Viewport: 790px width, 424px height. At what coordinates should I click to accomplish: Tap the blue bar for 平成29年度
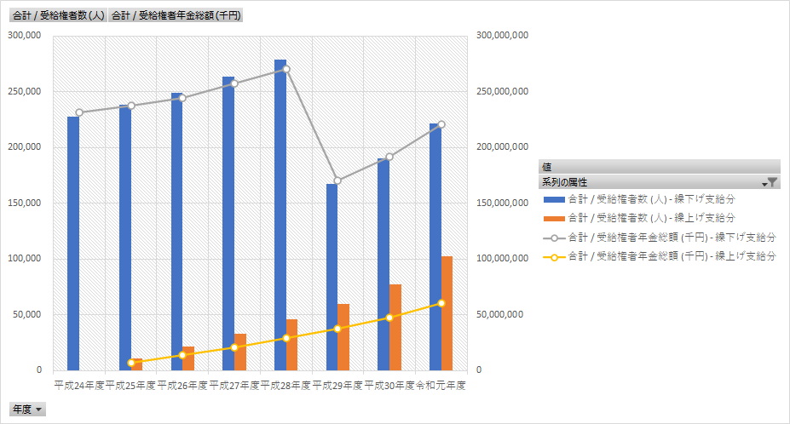[332, 277]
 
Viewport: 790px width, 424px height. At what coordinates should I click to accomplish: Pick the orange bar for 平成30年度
[395, 327]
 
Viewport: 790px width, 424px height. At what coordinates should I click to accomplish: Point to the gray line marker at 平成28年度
[286, 69]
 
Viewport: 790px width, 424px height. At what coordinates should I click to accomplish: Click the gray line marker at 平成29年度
[337, 180]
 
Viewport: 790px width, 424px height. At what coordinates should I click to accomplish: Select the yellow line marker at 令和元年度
[441, 303]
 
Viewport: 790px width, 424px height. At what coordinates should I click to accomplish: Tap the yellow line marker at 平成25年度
[131, 363]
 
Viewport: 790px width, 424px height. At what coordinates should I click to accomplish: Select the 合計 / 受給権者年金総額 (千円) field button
[176, 15]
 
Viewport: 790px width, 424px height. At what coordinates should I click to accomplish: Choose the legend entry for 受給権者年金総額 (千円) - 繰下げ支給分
[671, 237]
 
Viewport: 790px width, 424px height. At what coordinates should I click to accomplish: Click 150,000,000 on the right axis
[503, 203]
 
